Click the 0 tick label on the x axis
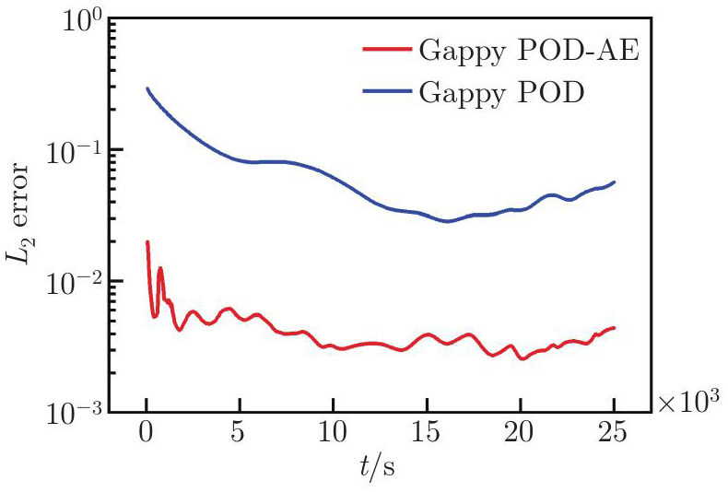pos(147,434)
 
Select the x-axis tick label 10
pos(334,434)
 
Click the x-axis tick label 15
pos(427,434)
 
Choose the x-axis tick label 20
pos(521,434)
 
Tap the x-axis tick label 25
pos(614,434)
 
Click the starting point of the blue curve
pos(147,88)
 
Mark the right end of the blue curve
pos(614,182)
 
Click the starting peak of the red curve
pos(147,242)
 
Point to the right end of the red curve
pos(614,328)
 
